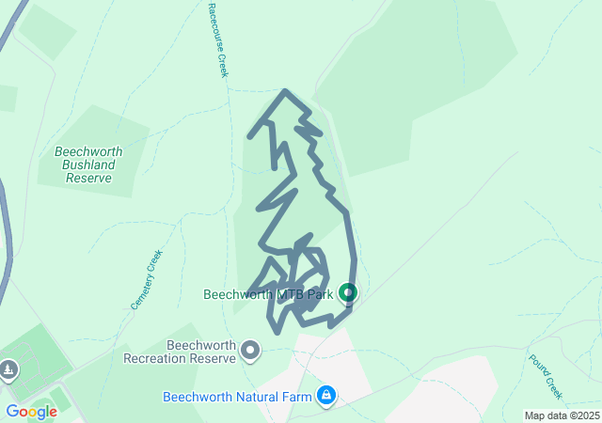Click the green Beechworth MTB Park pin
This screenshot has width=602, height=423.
pos(348,293)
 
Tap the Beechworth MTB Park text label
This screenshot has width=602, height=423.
pos(269,294)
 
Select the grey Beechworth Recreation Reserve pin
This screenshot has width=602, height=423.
pos(250,351)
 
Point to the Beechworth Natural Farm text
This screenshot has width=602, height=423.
pos(238,397)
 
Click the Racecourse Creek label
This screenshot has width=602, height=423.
pos(218,39)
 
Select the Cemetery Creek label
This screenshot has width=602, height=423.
pos(147,280)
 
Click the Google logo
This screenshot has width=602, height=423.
pos(31,412)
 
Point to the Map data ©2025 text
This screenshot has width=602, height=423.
pos(562,415)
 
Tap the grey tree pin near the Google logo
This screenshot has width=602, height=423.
pos(8,369)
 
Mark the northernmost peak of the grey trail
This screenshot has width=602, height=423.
pos(285,90)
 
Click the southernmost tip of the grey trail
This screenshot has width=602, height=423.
pos(277,332)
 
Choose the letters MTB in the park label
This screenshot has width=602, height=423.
pos(287,294)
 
